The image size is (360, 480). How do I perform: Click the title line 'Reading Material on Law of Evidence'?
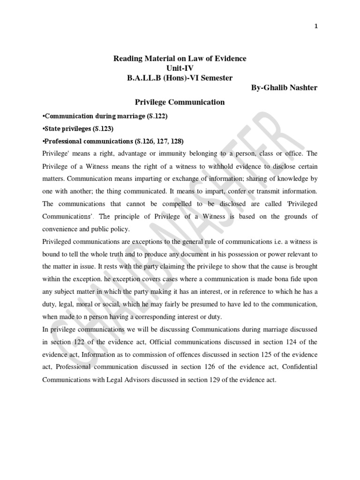[180, 59]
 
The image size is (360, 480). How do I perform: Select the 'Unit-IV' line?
[180, 68]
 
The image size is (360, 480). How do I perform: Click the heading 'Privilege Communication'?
[180, 102]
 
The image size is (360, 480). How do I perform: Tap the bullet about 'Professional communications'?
[113, 141]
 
